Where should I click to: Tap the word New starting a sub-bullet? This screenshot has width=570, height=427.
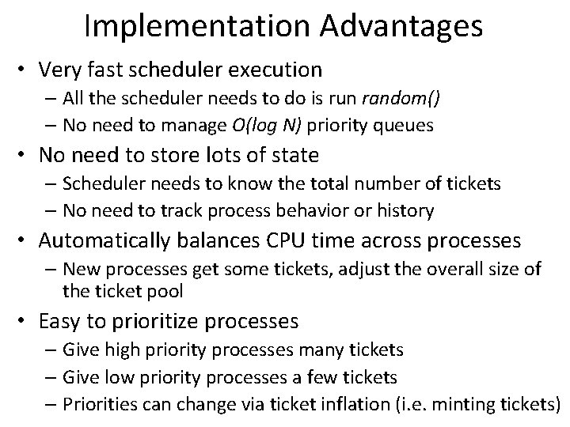click(x=82, y=268)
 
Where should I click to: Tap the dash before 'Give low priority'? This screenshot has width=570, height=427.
click(x=52, y=377)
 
